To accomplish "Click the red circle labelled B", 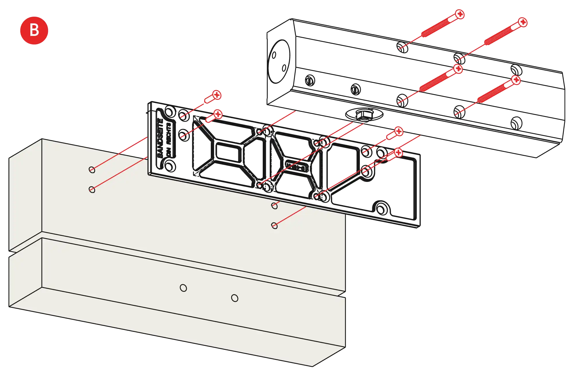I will pos(34,30).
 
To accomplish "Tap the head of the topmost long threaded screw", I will pos(460,14).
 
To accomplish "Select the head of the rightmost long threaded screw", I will pos(523,22).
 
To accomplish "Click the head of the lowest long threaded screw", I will pos(516,80).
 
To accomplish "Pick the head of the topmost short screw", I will pos(217,95).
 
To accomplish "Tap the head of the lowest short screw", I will pos(398,153).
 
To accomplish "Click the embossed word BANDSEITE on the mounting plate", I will pos(160,137).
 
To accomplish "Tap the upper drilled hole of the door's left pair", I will pos(92,170).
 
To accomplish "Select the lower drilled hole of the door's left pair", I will pos(92,190).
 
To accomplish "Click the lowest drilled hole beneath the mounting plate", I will pos(274,226).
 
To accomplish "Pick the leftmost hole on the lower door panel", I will pos(183,288).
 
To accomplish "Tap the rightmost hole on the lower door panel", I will pos(235,298).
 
